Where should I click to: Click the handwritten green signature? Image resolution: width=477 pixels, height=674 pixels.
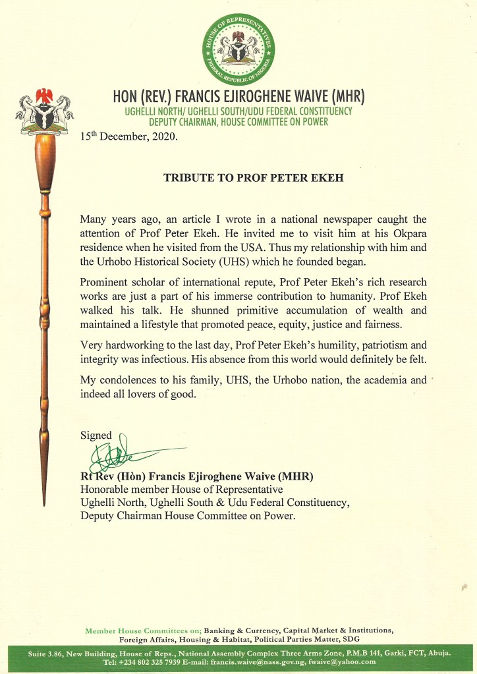point(119,453)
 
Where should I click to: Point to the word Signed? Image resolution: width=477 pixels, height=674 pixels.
point(96,435)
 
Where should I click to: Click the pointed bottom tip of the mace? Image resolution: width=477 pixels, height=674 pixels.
point(45,506)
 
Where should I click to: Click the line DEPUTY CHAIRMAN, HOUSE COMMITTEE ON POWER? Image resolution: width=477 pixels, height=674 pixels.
point(238,123)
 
